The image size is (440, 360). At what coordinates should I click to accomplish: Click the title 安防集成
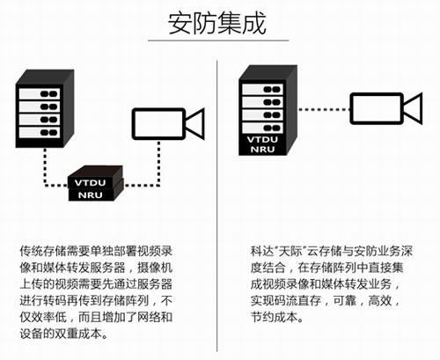pos(217,23)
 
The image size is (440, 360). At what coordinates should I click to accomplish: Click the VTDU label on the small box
pos(90,183)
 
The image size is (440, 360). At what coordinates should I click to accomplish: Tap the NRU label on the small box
pos(90,195)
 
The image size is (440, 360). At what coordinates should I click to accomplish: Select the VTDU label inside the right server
pos(262,139)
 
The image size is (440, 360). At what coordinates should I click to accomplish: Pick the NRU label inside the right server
pos(262,149)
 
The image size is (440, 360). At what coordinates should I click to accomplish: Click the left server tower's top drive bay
pos(40,94)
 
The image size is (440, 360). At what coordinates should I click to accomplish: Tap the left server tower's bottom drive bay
pos(40,133)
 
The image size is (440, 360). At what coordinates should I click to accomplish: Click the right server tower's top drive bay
pos(262,89)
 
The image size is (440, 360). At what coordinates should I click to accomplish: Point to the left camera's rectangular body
pos(158,124)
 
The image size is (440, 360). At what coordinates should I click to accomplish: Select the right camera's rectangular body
pos(377,108)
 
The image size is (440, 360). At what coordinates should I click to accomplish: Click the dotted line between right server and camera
pos(324,110)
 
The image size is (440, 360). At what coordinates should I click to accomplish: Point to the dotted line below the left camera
pos(158,163)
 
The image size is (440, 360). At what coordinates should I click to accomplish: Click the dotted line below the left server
pos(45,166)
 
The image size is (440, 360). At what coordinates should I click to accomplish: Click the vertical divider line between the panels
pos(217,205)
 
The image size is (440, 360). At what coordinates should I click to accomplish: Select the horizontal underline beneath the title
pos(218,40)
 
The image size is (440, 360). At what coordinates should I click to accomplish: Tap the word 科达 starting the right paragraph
pos(262,252)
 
